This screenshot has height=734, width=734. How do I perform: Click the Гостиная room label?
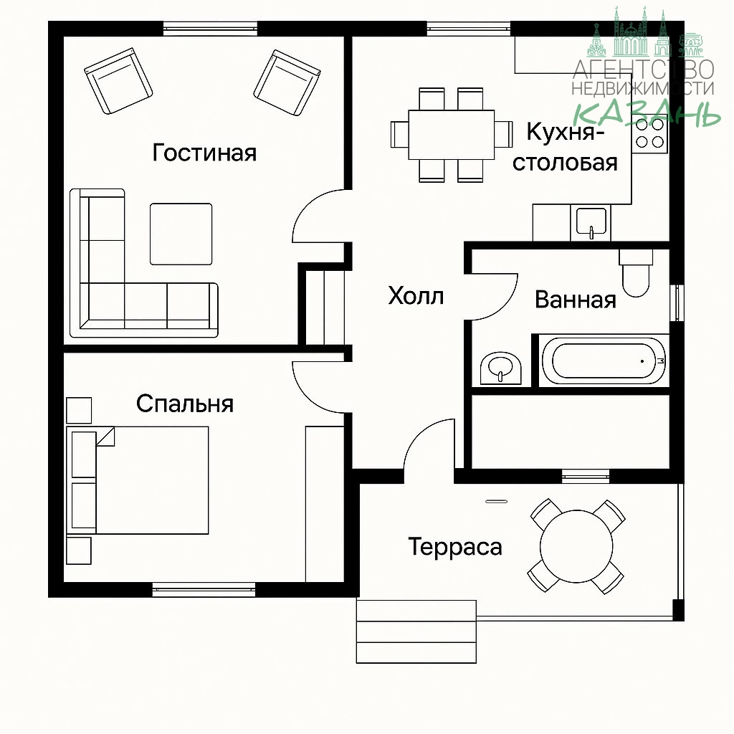[204, 153]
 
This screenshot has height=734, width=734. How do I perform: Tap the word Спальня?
[185, 404]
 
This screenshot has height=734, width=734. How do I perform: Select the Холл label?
[416, 296]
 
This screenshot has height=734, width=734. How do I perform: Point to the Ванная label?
[576, 300]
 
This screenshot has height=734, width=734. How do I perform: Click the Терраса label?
[455, 547]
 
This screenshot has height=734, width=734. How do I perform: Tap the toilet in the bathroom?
[636, 273]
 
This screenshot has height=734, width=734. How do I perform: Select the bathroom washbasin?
[500, 368]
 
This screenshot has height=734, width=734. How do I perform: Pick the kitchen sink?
[591, 222]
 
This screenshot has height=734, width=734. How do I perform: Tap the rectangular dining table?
[452, 135]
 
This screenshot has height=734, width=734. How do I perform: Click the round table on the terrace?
[576, 546]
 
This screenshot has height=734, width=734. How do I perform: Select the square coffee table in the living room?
[181, 234]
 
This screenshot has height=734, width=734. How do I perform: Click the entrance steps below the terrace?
[416, 631]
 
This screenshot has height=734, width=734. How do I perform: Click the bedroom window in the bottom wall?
[204, 589]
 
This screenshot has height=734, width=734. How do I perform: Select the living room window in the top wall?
[210, 29]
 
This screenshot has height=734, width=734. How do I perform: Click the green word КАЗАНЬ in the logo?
[647, 113]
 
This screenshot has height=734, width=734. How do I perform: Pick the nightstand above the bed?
[79, 411]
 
